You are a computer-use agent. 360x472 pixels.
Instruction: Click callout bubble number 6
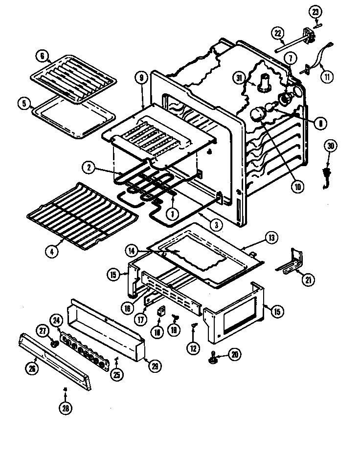42,56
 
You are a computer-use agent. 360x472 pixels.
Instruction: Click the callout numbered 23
315,11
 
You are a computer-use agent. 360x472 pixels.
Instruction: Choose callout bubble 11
326,77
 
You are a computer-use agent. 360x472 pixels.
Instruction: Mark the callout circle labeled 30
331,146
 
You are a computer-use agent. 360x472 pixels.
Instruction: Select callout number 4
51,252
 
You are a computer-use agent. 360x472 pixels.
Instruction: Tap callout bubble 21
308,279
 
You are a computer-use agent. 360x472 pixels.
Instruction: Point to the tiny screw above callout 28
65,389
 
